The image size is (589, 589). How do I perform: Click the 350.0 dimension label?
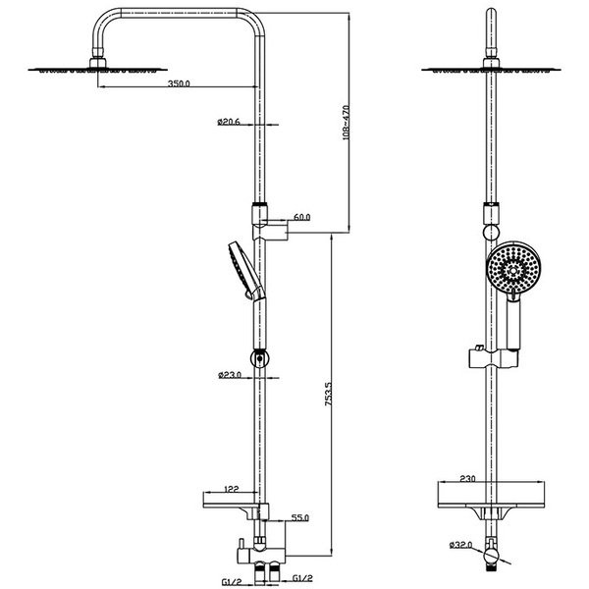pos(179,83)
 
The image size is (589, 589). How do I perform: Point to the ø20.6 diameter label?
pos(229,122)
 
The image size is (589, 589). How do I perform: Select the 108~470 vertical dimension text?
pos(346,123)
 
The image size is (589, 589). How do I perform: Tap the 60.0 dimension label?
pos(302,217)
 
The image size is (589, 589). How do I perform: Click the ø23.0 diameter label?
pos(230,375)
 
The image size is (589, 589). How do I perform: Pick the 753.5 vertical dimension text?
pos(328,394)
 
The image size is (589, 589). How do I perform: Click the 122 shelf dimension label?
pos(232,489)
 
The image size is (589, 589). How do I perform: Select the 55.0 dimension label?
pos(300,517)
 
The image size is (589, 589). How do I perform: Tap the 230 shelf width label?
pos(467,479)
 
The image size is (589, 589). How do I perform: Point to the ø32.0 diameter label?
pos(460,544)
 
